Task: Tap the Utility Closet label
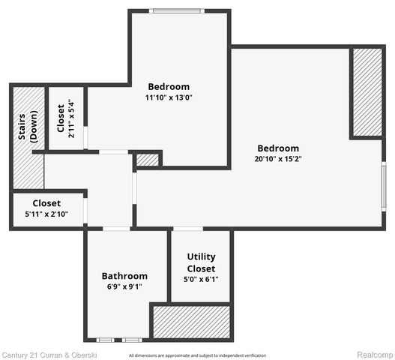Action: (x=201, y=262)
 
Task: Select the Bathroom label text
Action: (x=124, y=276)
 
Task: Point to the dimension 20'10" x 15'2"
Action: (x=278, y=159)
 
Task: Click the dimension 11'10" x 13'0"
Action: (x=169, y=97)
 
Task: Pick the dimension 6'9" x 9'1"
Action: (x=124, y=286)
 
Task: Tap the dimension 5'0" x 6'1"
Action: (x=201, y=279)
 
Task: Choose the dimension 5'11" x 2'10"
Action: (x=46, y=214)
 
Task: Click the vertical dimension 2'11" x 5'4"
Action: (x=71, y=118)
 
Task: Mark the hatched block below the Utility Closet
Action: (x=190, y=322)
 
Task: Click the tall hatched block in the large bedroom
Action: (x=367, y=92)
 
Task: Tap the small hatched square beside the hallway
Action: (x=148, y=160)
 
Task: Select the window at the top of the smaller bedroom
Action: (x=177, y=10)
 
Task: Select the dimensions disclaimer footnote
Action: (x=197, y=355)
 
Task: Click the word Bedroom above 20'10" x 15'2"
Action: (x=278, y=148)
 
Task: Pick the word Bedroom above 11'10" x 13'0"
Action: (x=169, y=86)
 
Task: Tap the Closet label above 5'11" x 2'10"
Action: (x=46, y=203)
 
